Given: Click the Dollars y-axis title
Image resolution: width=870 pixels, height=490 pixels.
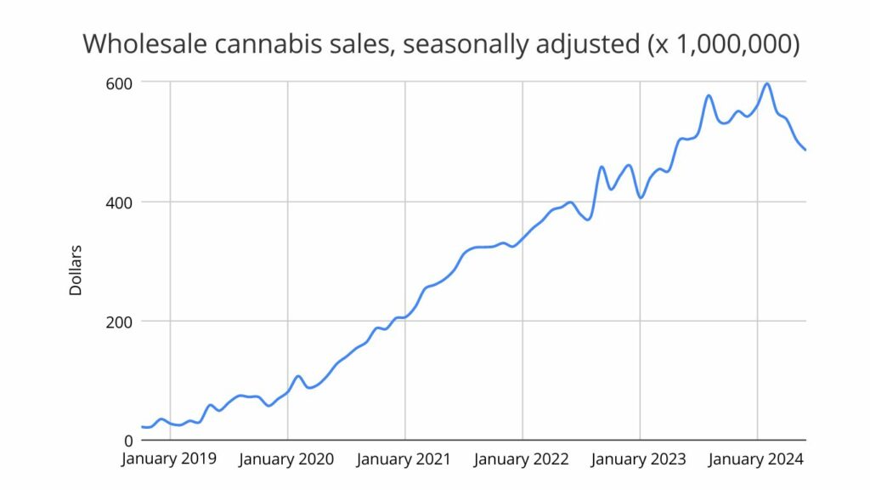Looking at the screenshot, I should point(76,271).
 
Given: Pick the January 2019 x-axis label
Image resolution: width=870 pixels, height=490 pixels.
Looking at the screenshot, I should point(169,459).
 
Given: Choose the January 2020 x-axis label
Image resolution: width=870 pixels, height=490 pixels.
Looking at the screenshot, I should point(286,459).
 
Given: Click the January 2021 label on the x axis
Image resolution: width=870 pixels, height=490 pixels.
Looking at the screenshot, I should point(404,459).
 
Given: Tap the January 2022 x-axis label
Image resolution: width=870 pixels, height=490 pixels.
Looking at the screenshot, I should point(521,459).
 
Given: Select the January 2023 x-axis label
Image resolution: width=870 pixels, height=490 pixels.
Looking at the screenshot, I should point(638,459).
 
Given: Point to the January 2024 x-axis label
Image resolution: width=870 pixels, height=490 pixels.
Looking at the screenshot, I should point(755,459).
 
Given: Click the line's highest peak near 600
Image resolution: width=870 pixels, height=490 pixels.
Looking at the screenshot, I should point(767,83).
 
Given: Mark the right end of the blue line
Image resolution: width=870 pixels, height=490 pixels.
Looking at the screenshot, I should point(805,150).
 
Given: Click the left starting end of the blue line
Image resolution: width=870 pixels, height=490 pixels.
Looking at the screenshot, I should point(142,427).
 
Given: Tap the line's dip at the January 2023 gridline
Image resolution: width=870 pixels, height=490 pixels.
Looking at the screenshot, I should point(641,197).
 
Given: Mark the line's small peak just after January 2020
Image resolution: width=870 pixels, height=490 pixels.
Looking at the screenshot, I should point(298,376).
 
